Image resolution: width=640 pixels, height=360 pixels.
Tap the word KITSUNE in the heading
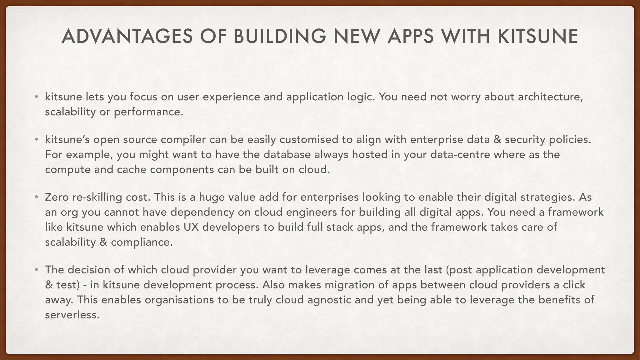538,36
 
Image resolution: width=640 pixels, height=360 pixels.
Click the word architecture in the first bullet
550,97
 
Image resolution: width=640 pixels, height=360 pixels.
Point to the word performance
148,112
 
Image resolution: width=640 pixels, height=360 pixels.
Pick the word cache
132,169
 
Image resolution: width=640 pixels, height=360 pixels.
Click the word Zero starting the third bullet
57,197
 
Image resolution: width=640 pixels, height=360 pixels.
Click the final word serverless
72,315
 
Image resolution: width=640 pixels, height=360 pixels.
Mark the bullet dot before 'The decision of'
37,270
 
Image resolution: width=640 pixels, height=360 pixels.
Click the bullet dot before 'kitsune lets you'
37,97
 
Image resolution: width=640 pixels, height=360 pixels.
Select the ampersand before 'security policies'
497,139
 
